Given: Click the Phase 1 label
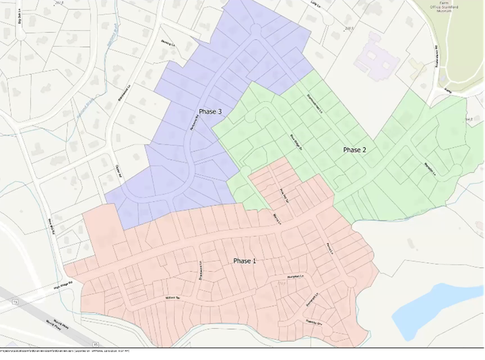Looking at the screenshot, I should pos(245,261).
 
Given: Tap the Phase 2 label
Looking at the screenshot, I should pos(354,150).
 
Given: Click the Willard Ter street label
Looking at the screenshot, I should pos(174,298).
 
